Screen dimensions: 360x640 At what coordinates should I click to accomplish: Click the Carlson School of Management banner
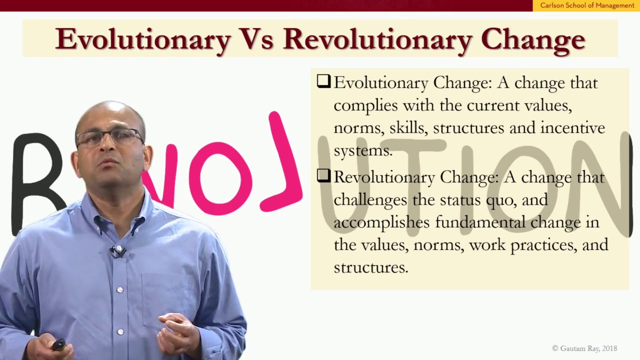(587, 5)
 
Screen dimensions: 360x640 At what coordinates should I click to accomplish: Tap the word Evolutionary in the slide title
(142, 39)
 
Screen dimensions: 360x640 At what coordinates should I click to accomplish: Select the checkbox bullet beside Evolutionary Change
(323, 81)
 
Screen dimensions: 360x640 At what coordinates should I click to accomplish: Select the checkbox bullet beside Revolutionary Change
(323, 176)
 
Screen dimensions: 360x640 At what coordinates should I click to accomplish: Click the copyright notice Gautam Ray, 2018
(584, 348)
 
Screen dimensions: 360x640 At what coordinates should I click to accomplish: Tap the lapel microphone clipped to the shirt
(118, 251)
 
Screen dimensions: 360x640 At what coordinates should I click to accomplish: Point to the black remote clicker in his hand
(58, 344)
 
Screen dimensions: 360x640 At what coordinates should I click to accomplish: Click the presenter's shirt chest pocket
(167, 295)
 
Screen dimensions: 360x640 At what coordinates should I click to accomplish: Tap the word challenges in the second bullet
(370, 199)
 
